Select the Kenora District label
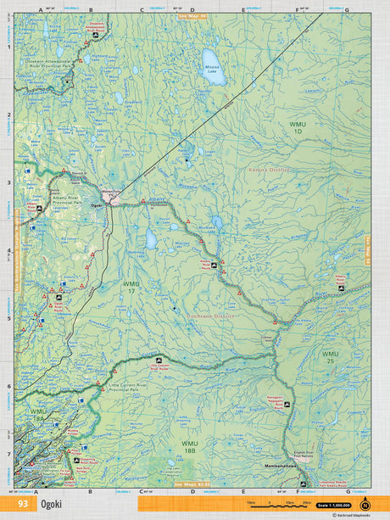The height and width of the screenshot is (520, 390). [x=270, y=170]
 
